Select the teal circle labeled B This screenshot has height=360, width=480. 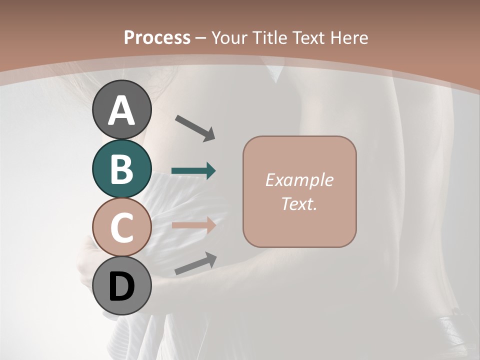[x=121, y=168]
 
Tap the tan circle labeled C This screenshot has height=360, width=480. [x=121, y=227]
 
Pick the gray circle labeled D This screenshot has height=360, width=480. [x=121, y=286]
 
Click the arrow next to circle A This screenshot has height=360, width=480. [x=195, y=127]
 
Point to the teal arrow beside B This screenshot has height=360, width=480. [x=194, y=171]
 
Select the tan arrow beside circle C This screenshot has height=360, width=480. [x=194, y=225]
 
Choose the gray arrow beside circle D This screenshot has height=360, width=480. [x=195, y=263]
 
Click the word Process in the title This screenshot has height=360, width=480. [x=157, y=37]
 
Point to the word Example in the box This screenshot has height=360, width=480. [x=299, y=180]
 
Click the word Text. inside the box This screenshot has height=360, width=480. [x=299, y=203]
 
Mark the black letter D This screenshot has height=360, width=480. [x=121, y=287]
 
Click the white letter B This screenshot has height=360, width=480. [x=121, y=169]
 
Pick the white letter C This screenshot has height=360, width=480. [x=121, y=227]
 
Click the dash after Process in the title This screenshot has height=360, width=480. [x=201, y=38]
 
